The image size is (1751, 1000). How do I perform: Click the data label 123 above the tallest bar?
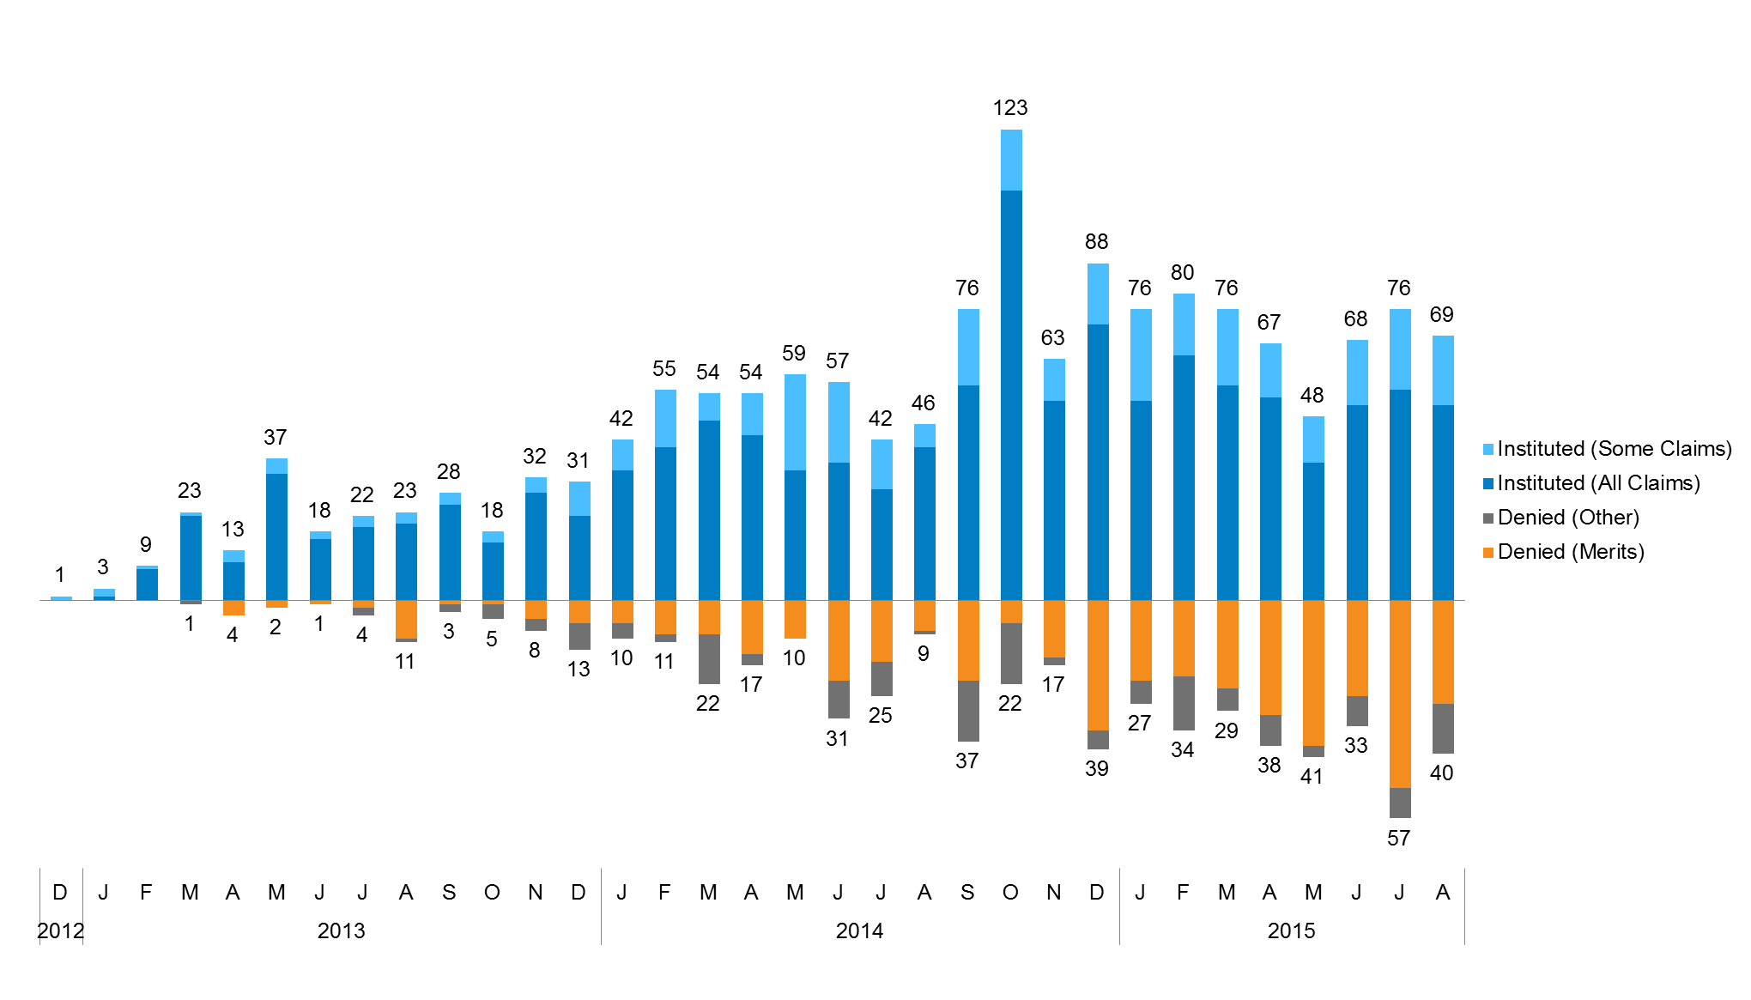click(1010, 108)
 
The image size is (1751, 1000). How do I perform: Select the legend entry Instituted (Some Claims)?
click(1614, 449)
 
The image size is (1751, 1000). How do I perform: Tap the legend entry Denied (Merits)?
click(1570, 552)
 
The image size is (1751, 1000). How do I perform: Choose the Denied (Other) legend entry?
click(1567, 518)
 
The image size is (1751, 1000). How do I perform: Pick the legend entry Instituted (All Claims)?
click(1597, 483)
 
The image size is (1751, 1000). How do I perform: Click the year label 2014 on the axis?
click(859, 931)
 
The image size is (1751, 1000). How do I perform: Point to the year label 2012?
click(60, 931)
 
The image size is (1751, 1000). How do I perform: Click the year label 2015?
click(1291, 931)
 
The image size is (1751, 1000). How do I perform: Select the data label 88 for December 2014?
click(1096, 242)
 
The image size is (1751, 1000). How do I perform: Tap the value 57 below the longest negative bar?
click(1398, 839)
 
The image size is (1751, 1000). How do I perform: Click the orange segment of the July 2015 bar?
click(1399, 694)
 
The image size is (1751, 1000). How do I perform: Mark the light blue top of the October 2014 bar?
click(1011, 161)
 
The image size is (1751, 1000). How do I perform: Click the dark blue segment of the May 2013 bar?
click(276, 536)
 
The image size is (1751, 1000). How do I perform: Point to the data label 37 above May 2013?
click(275, 438)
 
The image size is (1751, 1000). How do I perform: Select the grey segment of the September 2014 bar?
click(968, 711)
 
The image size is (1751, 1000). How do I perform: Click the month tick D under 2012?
click(60, 893)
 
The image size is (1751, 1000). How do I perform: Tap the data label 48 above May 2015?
click(1312, 396)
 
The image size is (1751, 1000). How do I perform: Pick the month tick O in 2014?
click(1010, 893)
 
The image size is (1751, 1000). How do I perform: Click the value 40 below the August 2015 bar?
click(1441, 773)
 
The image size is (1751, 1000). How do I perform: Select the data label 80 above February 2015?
click(1182, 273)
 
